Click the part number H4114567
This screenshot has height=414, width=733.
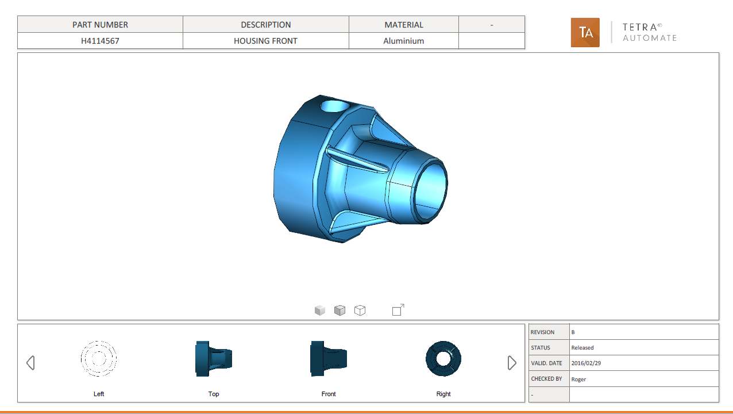[100, 41]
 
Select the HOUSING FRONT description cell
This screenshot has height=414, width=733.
[265, 41]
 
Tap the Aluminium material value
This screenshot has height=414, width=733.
[403, 41]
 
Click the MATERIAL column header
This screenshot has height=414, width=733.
[404, 25]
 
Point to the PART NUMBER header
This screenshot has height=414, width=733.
[100, 25]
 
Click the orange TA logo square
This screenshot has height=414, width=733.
[585, 32]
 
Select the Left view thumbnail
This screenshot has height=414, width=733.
[98, 359]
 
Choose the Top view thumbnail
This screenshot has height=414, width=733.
[214, 359]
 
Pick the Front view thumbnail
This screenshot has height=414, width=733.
[329, 359]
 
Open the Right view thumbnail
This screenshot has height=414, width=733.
[443, 359]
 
